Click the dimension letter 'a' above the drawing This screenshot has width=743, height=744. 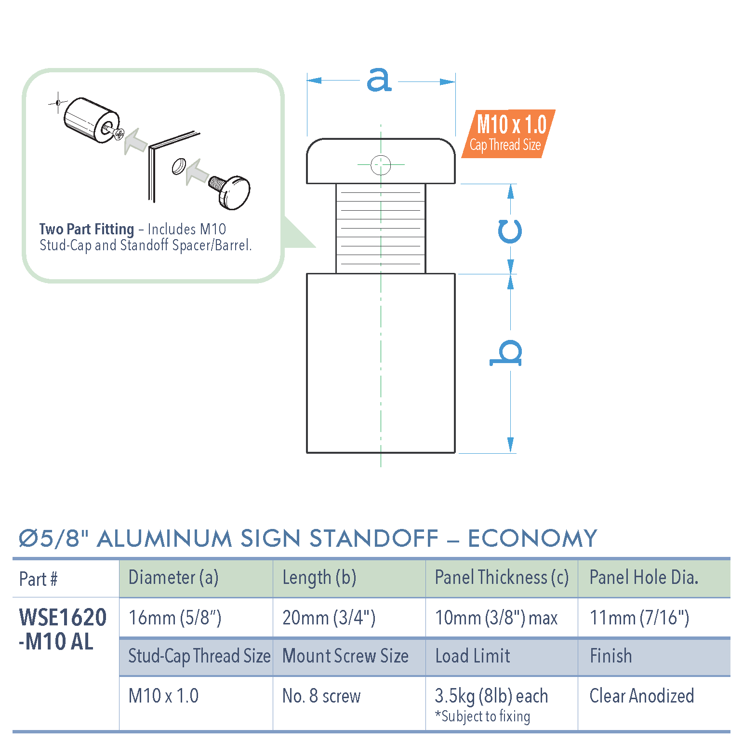pyautogui.click(x=379, y=80)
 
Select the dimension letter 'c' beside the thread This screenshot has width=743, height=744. pyautogui.click(x=510, y=231)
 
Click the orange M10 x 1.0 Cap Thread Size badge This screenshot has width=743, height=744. pyautogui.click(x=508, y=134)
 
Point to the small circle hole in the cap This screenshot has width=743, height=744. pyautogui.click(x=381, y=165)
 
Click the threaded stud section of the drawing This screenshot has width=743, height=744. pyautogui.click(x=381, y=228)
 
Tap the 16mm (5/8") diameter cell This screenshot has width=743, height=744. pyautogui.click(x=175, y=618)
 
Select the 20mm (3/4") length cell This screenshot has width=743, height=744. pyautogui.click(x=329, y=618)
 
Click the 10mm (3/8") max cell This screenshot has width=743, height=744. pyautogui.click(x=496, y=618)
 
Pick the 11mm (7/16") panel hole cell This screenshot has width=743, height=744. pyautogui.click(x=639, y=618)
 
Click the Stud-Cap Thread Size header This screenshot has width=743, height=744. pyautogui.click(x=199, y=656)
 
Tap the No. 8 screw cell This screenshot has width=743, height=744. pyautogui.click(x=321, y=696)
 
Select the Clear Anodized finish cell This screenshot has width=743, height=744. pyautogui.click(x=641, y=696)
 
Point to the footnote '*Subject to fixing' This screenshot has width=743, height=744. pyautogui.click(x=482, y=717)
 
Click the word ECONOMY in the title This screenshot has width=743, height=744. pyautogui.click(x=532, y=539)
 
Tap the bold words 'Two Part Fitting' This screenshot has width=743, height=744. pyautogui.click(x=87, y=229)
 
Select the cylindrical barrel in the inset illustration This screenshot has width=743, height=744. pyautogui.click(x=91, y=121)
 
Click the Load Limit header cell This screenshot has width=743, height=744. pyautogui.click(x=472, y=656)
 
